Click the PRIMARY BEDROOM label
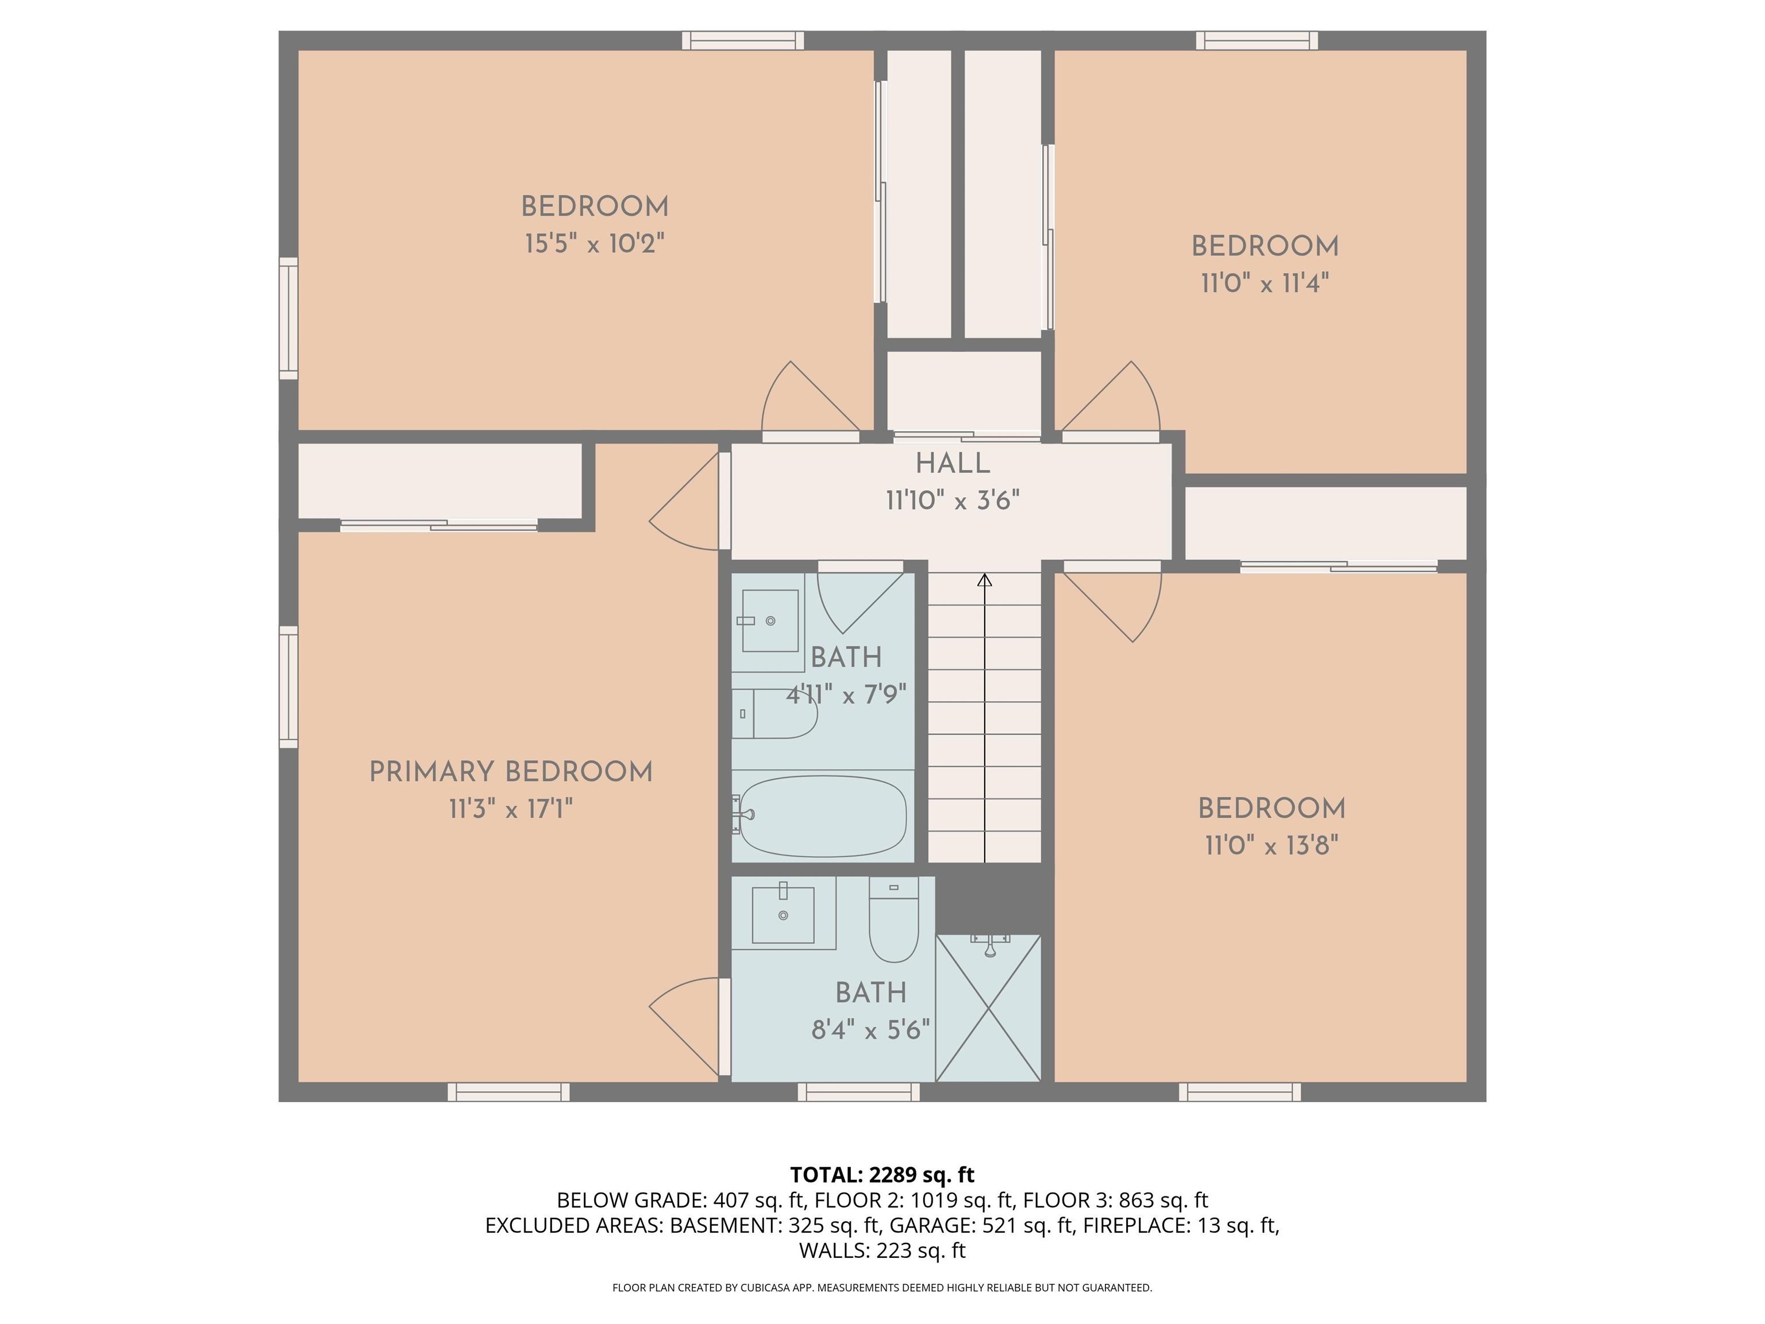(x=511, y=772)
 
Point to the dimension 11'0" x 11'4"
(x=1265, y=283)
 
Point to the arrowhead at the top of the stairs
(x=985, y=580)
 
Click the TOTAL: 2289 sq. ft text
(x=882, y=1175)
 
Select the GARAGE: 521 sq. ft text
(x=981, y=1225)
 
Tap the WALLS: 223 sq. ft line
(x=882, y=1250)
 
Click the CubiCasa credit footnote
(x=882, y=1287)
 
